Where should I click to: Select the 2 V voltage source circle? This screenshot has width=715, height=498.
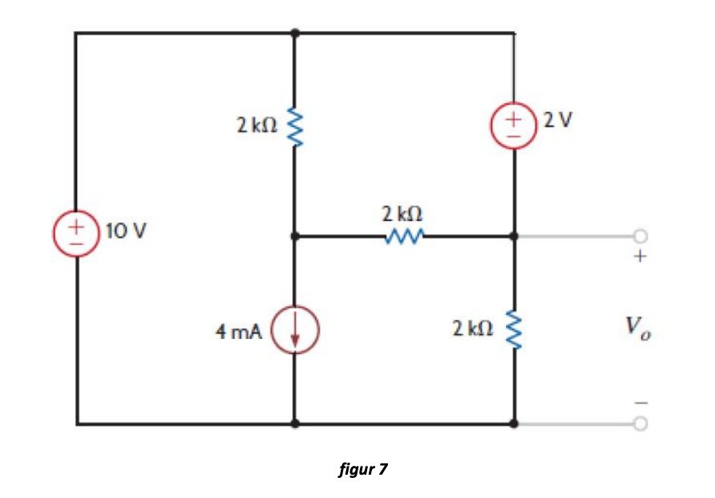(515, 126)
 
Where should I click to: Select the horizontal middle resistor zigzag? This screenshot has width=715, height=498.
(403, 237)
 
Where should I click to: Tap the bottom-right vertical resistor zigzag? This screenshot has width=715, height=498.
(514, 329)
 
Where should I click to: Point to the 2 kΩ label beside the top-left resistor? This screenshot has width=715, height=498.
(257, 124)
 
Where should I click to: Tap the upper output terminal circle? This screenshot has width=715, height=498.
(640, 236)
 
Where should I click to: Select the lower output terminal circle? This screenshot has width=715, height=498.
(640, 423)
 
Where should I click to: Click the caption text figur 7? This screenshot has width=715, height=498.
(363, 468)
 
